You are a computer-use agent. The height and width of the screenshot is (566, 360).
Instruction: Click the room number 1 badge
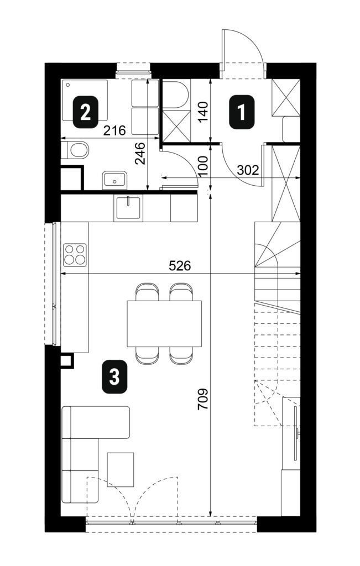pyautogui.click(x=242, y=112)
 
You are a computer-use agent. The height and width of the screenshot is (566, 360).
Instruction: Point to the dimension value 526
pyautogui.click(x=180, y=266)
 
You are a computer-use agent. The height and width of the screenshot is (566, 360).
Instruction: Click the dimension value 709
pyautogui.click(x=204, y=399)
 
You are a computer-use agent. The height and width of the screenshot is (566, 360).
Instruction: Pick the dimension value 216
pyautogui.click(x=114, y=130)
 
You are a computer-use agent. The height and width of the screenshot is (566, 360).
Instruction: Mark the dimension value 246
pyautogui.click(x=140, y=154)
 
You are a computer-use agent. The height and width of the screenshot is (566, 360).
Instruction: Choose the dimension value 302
pyautogui.click(x=248, y=170)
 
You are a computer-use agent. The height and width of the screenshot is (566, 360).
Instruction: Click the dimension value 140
pyautogui.click(x=204, y=112)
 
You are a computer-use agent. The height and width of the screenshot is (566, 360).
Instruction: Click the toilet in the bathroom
pyautogui.click(x=75, y=150)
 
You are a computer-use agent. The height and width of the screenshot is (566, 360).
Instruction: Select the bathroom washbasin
pyautogui.click(x=114, y=180)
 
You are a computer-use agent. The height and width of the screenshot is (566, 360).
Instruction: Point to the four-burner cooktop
pyautogui.click(x=75, y=255)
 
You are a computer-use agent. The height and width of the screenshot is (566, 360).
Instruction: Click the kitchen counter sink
pyautogui.click(x=128, y=208)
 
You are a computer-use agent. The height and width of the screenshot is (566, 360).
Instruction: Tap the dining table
pyautogui.click(x=164, y=323)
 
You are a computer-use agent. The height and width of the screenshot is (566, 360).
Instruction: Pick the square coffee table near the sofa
pyautogui.click(x=121, y=469)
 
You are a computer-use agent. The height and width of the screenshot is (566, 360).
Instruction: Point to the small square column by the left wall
pyautogui.click(x=67, y=360)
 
